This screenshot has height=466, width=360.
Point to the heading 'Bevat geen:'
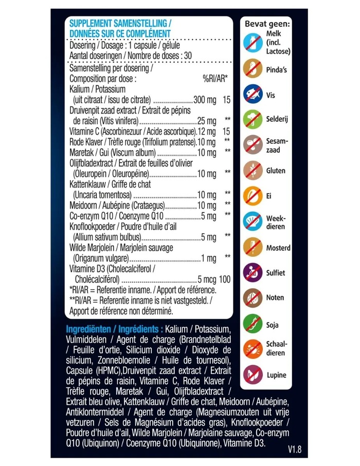[267, 23]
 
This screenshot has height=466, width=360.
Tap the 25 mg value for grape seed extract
[207, 121]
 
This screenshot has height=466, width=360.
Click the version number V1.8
[295, 449]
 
